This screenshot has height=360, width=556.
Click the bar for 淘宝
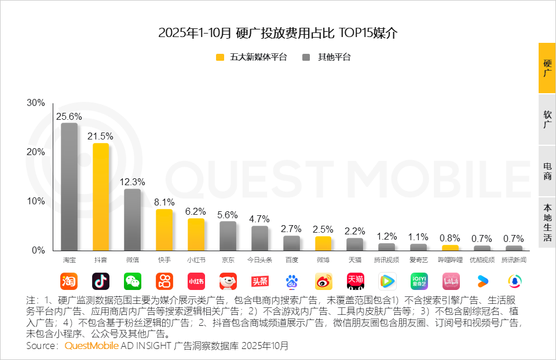coord(69,186)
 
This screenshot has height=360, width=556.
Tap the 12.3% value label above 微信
coord(133,182)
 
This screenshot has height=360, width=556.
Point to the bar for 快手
coord(164,230)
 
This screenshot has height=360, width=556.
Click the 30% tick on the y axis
coord(36,103)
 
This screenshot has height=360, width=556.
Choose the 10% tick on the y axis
coord(36,201)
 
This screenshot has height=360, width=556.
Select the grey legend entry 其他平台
coord(327,57)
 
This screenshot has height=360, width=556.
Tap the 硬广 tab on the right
coord(547,68)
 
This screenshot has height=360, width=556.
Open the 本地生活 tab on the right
coord(547,222)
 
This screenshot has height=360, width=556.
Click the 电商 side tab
coord(547,171)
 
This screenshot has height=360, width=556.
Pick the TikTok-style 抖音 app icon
coord(101,281)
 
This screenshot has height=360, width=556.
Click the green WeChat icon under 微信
coord(133,281)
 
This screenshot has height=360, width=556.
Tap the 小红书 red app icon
coord(196,281)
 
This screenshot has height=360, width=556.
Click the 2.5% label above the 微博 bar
coord(323,229)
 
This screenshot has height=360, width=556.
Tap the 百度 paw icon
coord(291,281)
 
